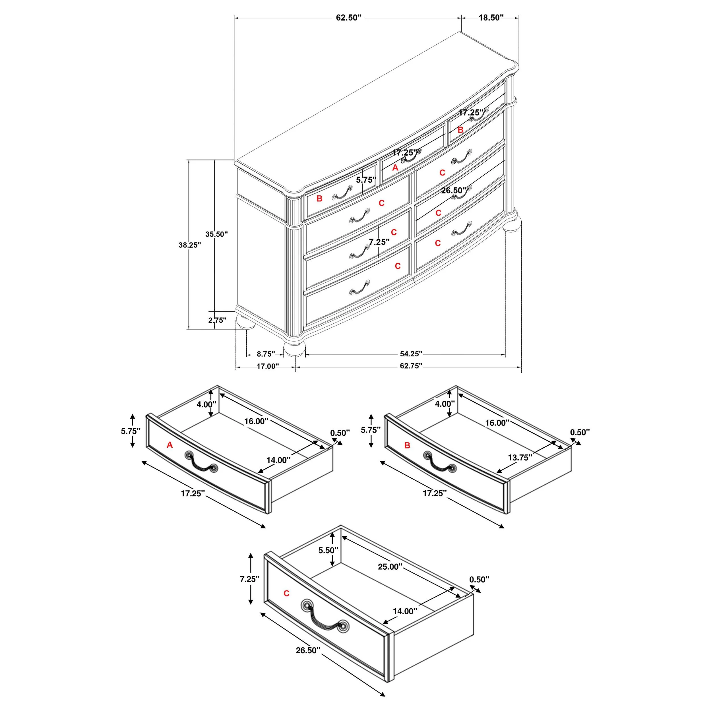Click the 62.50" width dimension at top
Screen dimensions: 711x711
click(x=348, y=18)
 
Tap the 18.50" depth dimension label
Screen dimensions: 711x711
click(x=491, y=18)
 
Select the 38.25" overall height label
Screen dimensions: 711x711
click(x=189, y=245)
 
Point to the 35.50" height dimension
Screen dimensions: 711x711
click(x=217, y=234)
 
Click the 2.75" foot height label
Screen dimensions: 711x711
click(x=217, y=320)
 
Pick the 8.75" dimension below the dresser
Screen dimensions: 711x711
click(x=266, y=354)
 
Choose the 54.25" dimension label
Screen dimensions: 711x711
click(x=411, y=354)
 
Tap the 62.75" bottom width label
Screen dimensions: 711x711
click(x=411, y=366)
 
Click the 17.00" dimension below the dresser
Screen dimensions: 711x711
click(x=268, y=366)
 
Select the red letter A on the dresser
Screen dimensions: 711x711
click(x=395, y=168)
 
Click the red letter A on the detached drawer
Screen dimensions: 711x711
click(x=170, y=445)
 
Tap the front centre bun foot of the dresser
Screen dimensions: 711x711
click(x=295, y=348)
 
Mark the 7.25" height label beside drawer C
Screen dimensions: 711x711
click(x=249, y=579)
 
